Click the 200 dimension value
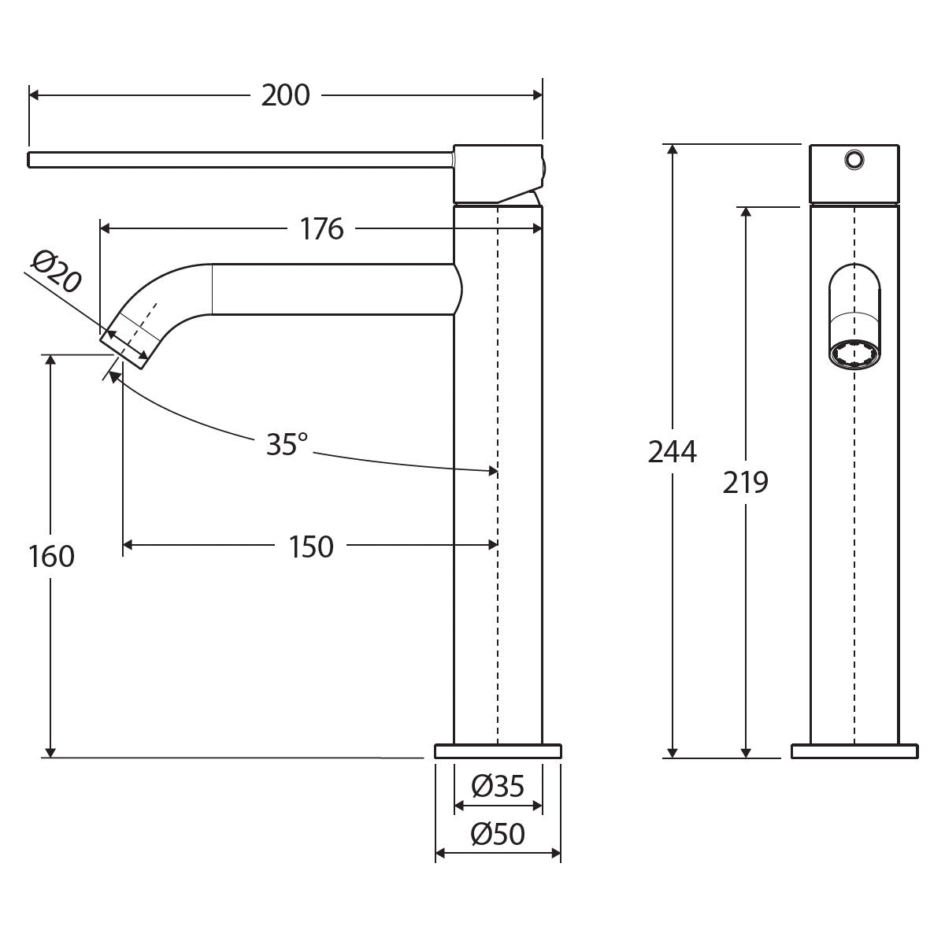[285, 95]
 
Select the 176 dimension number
[322, 229]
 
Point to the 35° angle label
[287, 444]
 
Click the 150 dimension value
[311, 547]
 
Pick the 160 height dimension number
[51, 556]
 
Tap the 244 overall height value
[673, 452]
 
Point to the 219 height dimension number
[746, 483]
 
